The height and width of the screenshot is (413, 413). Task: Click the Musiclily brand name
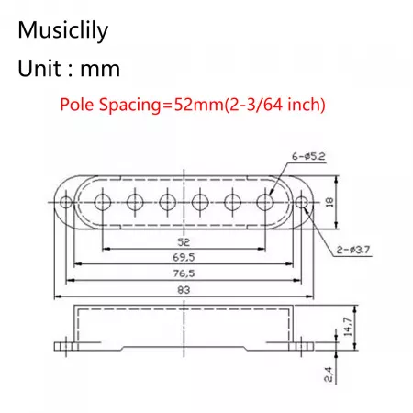pyautogui.click(x=63, y=31)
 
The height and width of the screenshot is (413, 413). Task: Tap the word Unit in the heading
pyautogui.click(x=39, y=69)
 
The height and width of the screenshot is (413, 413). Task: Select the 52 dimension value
pyautogui.click(x=184, y=242)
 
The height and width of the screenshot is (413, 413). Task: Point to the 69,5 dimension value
pyautogui.click(x=184, y=257)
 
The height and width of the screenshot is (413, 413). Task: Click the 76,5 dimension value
pyautogui.click(x=184, y=273)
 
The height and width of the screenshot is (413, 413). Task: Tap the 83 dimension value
pyautogui.click(x=184, y=290)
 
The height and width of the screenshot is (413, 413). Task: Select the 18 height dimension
pyautogui.click(x=329, y=202)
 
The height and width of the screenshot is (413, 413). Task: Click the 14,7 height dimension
pyautogui.click(x=348, y=327)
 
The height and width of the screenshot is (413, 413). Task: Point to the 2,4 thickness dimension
pyautogui.click(x=328, y=374)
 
